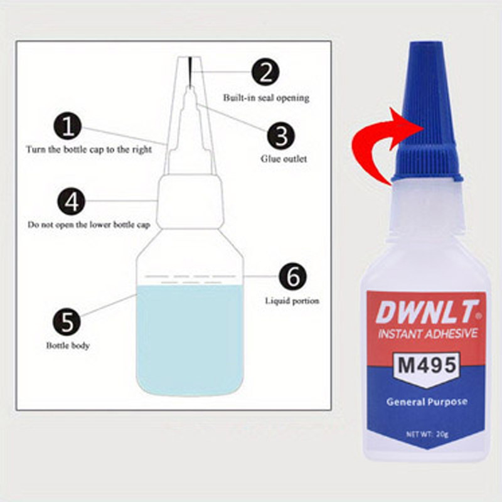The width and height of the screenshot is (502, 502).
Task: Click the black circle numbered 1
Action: tap(68, 127)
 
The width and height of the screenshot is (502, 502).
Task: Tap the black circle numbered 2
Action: tap(265, 72)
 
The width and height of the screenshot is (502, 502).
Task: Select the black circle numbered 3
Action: tap(280, 136)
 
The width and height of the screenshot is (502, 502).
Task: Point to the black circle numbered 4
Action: tap(72, 201)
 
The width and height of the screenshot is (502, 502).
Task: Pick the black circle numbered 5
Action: tap(67, 322)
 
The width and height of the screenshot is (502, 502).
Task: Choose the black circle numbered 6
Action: tap(292, 277)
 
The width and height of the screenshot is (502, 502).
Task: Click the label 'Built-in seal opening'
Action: tap(266, 98)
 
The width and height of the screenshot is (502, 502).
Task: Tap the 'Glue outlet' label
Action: tap(284, 159)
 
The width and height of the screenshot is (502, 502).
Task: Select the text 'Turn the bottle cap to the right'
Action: tap(88, 149)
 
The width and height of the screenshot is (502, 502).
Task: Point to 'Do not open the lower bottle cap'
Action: tap(88, 225)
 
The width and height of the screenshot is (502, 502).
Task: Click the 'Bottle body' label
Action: tap(68, 346)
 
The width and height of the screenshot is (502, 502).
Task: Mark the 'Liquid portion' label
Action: tap(292, 301)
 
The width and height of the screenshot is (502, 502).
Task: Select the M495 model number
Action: tap(427, 365)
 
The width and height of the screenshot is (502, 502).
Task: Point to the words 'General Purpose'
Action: tap(427, 402)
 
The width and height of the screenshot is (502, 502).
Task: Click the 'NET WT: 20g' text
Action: tap(427, 434)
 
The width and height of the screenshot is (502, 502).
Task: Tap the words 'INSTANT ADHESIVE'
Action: tap(428, 334)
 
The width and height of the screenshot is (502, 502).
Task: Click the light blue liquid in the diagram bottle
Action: tap(190, 339)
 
